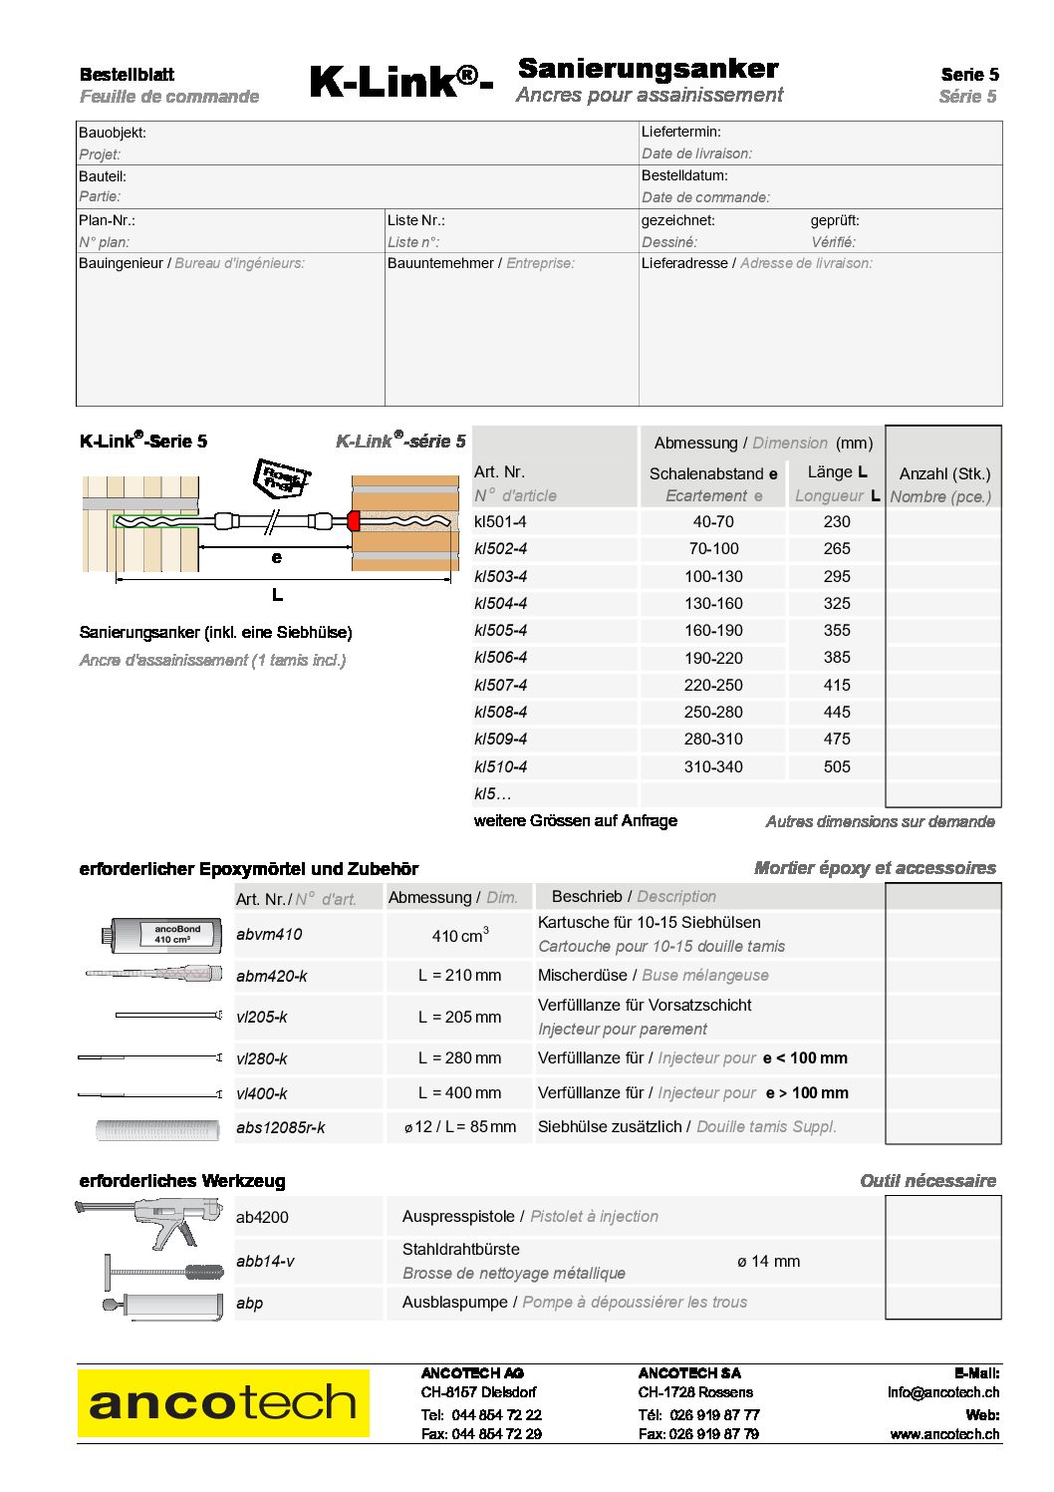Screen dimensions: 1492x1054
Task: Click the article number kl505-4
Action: coord(500,631)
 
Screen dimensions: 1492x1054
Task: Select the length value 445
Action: coord(837,713)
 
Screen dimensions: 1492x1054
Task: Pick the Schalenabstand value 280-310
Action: coord(713,740)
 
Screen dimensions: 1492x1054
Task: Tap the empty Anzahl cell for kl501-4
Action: coord(942,522)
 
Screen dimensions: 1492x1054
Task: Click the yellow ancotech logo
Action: coord(223,1403)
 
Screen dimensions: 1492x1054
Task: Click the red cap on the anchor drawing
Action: coord(353,520)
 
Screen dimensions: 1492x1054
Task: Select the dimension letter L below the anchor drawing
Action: coord(277,595)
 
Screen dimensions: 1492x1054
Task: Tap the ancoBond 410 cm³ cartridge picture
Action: coord(160,934)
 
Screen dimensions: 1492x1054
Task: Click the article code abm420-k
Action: coord(271,977)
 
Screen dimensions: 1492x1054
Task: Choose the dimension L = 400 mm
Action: coord(459,1093)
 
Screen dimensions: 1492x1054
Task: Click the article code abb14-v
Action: coord(265,1262)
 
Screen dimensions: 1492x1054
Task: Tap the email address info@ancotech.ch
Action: coord(942,1392)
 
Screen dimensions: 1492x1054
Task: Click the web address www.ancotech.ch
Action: coord(944,1434)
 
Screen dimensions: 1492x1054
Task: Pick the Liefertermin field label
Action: coord(681,132)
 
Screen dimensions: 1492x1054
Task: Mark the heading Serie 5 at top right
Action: coord(969,75)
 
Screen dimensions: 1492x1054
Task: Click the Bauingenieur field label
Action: coord(121,264)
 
